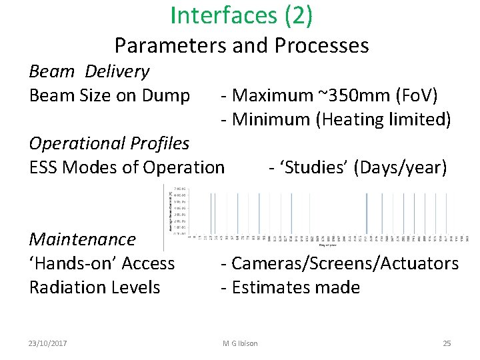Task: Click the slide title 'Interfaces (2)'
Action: [x=241, y=15]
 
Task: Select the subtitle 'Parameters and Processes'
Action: [x=241, y=45]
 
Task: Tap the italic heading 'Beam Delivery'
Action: [x=89, y=71]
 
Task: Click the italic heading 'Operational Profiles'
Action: [x=109, y=143]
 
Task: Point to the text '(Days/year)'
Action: [x=401, y=167]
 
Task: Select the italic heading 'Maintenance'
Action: [x=83, y=239]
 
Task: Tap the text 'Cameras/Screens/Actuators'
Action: [x=345, y=263]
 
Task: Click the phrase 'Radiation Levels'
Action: [x=95, y=287]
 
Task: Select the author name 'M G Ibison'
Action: [x=240, y=343]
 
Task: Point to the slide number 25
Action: [x=447, y=343]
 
